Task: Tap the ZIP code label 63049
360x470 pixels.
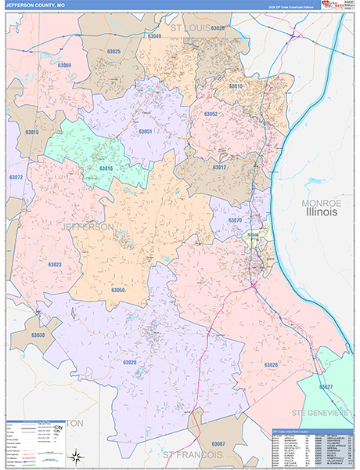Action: [154, 36]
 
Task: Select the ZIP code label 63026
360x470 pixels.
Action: [218, 28]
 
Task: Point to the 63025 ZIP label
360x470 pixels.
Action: [113, 52]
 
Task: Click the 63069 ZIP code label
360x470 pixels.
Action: [64, 65]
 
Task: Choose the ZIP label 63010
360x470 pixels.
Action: [236, 86]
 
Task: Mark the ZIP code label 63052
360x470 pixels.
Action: [211, 114]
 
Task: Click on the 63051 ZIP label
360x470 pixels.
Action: [146, 132]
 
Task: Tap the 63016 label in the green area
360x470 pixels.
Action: [106, 168]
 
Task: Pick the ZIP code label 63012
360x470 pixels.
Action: [219, 167]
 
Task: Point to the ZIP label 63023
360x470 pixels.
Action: [55, 265]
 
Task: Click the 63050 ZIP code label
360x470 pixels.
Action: [117, 290]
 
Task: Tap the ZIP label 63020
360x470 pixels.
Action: [129, 362]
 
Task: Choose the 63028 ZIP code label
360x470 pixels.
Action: [271, 365]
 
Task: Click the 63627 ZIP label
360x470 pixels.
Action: [325, 387]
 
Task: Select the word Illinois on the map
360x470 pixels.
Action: [321, 211]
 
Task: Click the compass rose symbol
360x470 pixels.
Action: [75, 454]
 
